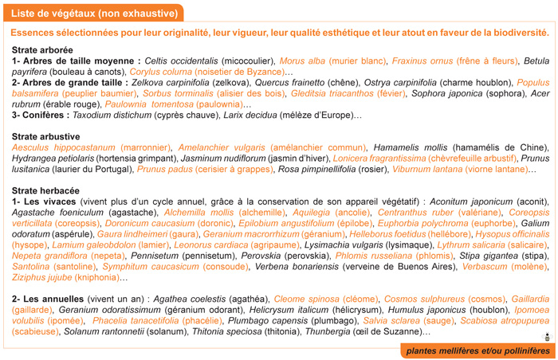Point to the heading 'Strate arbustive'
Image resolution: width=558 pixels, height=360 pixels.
click(46, 137)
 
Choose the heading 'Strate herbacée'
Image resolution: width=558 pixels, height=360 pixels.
click(45, 192)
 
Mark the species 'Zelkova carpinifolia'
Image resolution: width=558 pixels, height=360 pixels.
click(170, 82)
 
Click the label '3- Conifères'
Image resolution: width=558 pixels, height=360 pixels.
click(35, 115)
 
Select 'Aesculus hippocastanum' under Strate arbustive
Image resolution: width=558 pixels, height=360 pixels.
click(64, 148)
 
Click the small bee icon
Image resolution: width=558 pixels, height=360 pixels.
click(548, 336)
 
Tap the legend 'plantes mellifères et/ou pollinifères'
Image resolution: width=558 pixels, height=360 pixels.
click(478, 351)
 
